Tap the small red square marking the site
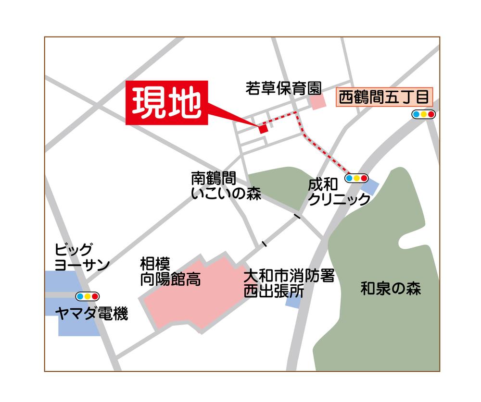tap(263, 129)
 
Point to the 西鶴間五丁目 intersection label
tap(384, 98)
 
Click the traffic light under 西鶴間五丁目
tap(423, 114)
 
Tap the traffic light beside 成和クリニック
tap(356, 178)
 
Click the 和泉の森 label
tap(391, 290)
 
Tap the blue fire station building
tap(293, 301)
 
